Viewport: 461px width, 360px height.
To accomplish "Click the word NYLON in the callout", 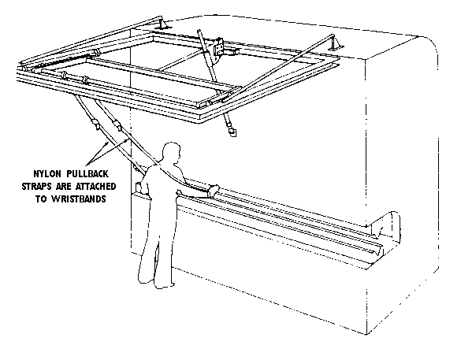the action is click(47, 173).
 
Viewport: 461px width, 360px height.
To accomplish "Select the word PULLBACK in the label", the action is click(87, 173).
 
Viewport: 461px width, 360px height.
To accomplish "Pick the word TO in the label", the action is click(41, 199).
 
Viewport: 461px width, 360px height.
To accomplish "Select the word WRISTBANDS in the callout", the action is click(79, 199).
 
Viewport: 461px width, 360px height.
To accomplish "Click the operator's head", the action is click(172, 151).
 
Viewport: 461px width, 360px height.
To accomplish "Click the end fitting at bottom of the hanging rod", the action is click(232, 131).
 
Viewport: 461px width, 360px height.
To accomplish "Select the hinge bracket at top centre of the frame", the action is click(218, 50).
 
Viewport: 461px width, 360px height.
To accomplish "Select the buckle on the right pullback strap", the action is click(117, 125).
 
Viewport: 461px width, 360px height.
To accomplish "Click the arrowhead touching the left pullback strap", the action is click(107, 144).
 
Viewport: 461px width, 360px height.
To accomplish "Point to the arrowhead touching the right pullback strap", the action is click(127, 141).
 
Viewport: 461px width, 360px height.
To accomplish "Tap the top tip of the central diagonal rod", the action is click(199, 31).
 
